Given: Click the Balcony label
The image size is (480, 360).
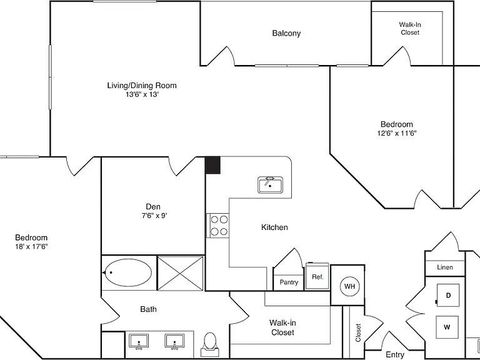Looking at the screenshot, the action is point(286,33).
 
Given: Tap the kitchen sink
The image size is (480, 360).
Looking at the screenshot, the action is point(270,185).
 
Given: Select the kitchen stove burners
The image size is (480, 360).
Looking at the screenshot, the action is point(219,225).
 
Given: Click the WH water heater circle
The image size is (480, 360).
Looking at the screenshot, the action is point(349,286).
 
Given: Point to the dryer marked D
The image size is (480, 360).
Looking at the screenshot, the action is point(448,295).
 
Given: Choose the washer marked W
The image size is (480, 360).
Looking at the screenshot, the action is point(447,327).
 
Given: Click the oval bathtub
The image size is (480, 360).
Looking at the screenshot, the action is point(127,272).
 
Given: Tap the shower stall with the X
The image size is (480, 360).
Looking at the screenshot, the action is point(180,273).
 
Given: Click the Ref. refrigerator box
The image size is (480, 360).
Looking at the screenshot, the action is point(317,276).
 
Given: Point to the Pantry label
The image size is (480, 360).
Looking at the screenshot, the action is point(289,282).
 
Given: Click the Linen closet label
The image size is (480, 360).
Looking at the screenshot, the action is point(445,267).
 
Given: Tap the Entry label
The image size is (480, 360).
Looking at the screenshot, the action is point(395,354).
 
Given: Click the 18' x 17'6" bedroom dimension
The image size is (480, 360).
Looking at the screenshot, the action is point(31,246).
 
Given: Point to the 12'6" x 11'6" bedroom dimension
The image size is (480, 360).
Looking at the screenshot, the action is point(397,133).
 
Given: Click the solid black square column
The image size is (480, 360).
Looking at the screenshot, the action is point(212,165).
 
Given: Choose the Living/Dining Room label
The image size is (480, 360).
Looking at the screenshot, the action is point(142,85).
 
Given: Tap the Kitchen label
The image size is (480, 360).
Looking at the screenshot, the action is point(274,227).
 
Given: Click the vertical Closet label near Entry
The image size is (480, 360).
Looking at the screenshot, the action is point(358,332).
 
